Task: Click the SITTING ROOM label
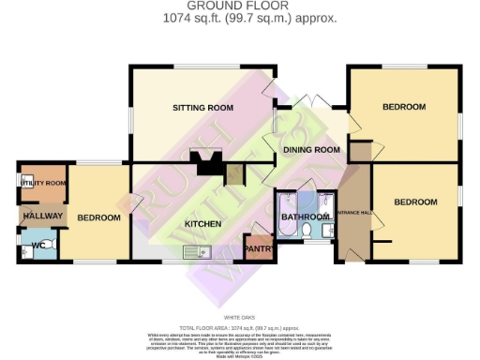202,108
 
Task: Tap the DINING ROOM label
310,149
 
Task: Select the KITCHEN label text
202,224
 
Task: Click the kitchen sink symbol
199,251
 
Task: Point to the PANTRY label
257,248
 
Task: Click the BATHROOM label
307,217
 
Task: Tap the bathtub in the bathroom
286,213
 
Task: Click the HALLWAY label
42,217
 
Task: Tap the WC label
37,246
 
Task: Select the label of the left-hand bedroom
98,217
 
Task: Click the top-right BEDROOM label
404,108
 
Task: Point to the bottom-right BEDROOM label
415,202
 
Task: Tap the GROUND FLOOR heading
242,6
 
